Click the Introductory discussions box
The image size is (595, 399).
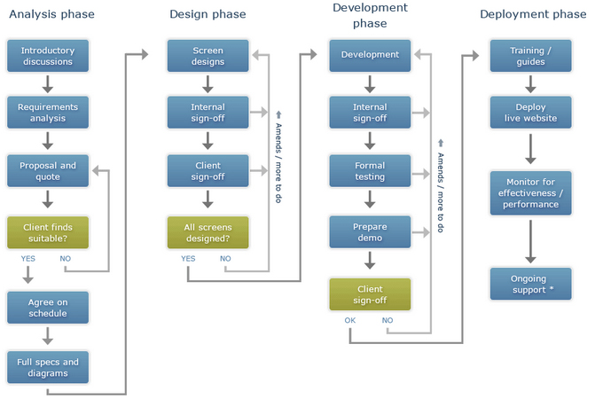coord(48,56)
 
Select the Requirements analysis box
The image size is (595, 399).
coord(48,113)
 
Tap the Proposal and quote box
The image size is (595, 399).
coord(48,170)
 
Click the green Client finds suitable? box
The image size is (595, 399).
coord(48,232)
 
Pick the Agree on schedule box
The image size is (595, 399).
coord(48,308)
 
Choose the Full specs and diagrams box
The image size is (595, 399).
coord(48,367)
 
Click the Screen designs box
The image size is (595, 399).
coord(208,56)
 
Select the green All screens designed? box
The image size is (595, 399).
coord(208,232)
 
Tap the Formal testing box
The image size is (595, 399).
coord(370,170)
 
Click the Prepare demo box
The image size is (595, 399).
coord(370,232)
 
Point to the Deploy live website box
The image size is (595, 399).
coord(530,113)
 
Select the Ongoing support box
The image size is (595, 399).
coord(530,284)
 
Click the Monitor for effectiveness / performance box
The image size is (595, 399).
coord(530,193)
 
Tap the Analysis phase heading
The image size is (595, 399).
coord(51,14)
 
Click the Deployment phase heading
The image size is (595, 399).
coord(533,14)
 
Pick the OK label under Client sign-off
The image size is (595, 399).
coord(350,320)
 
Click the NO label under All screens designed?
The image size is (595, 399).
coord(225,258)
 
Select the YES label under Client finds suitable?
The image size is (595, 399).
coord(28,258)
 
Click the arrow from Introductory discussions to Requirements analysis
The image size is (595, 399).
coord(47,84)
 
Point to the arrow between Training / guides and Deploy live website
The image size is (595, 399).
coord(530,84)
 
